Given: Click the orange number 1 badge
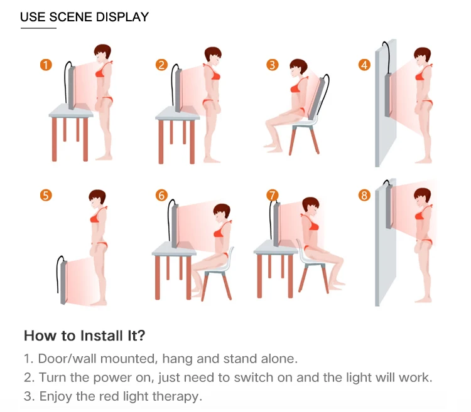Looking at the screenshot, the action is coord(46,65).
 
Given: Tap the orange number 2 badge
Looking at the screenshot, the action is coord(161,65).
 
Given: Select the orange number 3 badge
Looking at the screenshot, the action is coord(273,65).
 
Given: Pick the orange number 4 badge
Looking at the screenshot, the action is coord(364,65).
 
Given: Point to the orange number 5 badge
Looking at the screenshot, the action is coord(46,195).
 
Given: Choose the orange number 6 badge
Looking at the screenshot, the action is coord(161,195).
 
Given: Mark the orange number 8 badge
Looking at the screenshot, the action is coord(364,195).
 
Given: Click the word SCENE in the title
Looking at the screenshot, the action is coord(70,17).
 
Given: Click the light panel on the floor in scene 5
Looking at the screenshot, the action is coord(63,282).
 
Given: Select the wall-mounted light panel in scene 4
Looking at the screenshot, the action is coord(388,95).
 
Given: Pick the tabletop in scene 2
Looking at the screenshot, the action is coord(177,114).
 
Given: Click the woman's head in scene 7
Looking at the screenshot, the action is coord(311,206).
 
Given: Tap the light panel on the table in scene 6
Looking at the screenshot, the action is coord(175,226).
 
